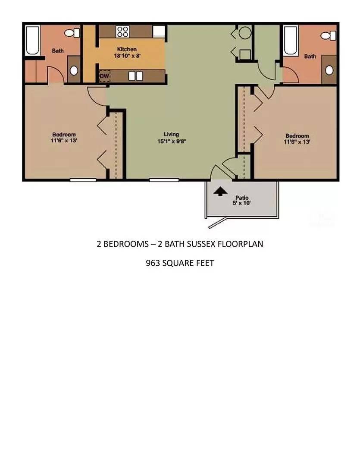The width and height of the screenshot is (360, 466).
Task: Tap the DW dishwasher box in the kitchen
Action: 104,76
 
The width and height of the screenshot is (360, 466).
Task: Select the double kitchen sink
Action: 135,76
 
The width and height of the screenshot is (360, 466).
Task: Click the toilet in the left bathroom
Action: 75,32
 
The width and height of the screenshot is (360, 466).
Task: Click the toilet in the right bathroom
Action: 329,35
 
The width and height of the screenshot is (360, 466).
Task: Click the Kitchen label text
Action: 127,50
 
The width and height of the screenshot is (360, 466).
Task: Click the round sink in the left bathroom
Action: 74,70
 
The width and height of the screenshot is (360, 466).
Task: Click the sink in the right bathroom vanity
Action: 330,70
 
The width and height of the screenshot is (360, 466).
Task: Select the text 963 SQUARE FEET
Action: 180,263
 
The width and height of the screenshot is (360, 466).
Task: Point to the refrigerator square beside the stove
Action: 159,31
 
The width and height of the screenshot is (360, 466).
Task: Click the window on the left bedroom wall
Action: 83,179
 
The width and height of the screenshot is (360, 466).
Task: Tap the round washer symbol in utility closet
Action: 245,33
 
